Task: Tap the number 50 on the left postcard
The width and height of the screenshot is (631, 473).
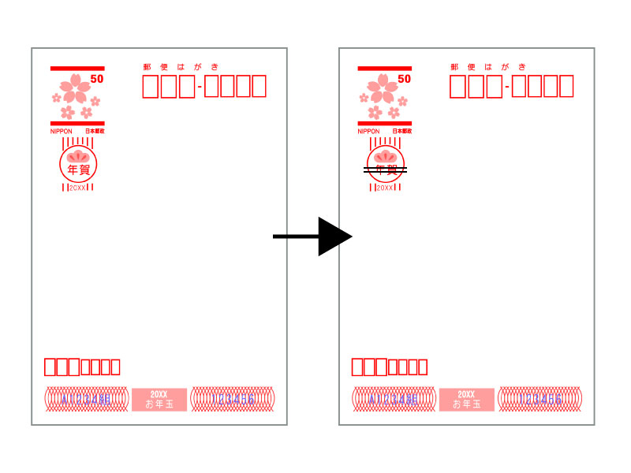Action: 96,79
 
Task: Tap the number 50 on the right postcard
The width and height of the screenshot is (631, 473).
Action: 404,79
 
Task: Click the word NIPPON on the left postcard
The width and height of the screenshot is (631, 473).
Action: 62,131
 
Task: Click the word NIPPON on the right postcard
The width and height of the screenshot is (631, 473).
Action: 368,131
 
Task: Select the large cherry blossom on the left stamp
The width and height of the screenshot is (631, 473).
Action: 77,88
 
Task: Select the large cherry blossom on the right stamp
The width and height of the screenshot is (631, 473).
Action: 384,88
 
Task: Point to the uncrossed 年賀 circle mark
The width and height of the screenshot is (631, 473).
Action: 78,164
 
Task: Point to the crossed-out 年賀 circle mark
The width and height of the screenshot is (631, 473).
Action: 385,165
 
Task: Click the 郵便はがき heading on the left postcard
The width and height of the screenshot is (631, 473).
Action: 181,67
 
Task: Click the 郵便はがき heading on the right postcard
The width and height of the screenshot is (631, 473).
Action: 488,67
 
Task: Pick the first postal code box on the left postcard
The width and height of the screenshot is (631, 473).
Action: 151,86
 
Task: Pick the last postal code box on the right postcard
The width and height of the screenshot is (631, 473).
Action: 565,86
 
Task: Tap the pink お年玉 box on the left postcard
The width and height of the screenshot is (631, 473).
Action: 159,400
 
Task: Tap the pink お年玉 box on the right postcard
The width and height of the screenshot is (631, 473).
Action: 466,400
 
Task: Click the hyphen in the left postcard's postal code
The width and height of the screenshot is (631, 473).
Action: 200,87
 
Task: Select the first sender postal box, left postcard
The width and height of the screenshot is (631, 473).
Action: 50,367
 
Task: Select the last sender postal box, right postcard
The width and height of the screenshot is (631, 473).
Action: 423,367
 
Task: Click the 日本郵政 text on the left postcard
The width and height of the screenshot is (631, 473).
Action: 95,131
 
